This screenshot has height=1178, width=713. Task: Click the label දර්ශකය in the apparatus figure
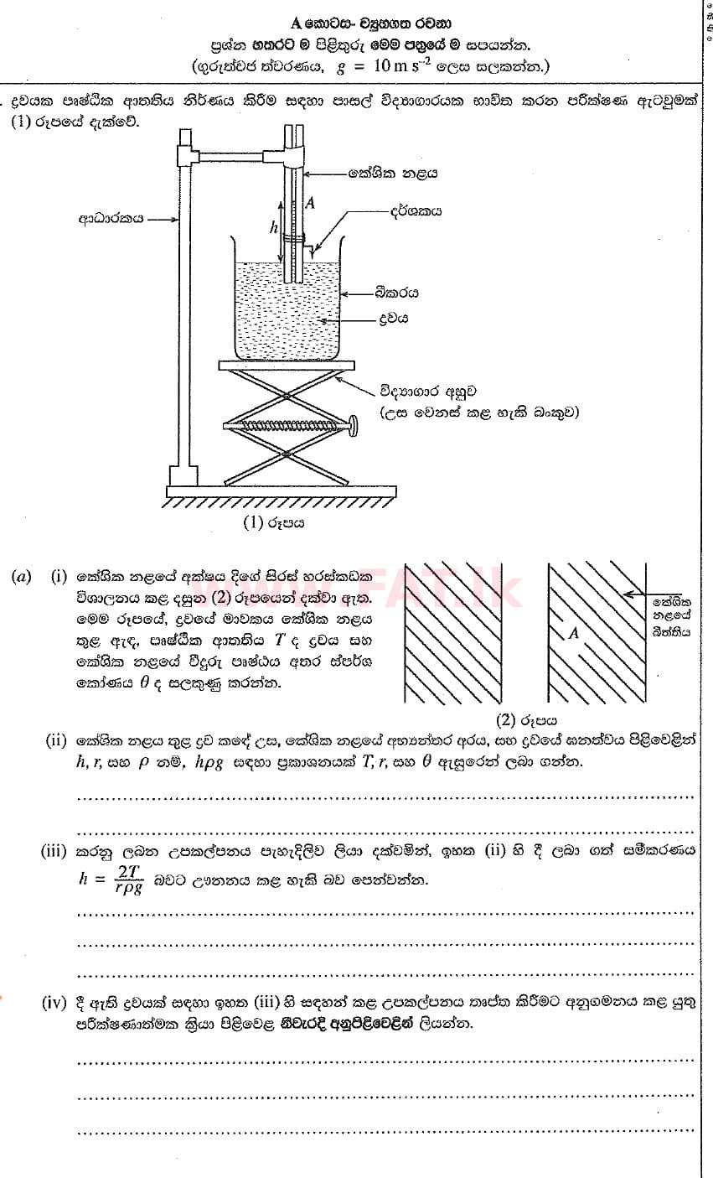(412, 213)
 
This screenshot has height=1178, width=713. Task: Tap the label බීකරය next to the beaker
(398, 293)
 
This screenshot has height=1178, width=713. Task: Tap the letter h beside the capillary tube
(272, 226)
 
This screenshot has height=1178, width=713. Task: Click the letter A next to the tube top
(311, 202)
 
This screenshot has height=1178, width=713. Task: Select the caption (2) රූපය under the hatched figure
(527, 719)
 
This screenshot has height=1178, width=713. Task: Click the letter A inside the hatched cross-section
(574, 634)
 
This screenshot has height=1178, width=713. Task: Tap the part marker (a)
(22, 577)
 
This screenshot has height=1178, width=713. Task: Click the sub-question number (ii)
(56, 741)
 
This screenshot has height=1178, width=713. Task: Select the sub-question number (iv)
(56, 1004)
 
